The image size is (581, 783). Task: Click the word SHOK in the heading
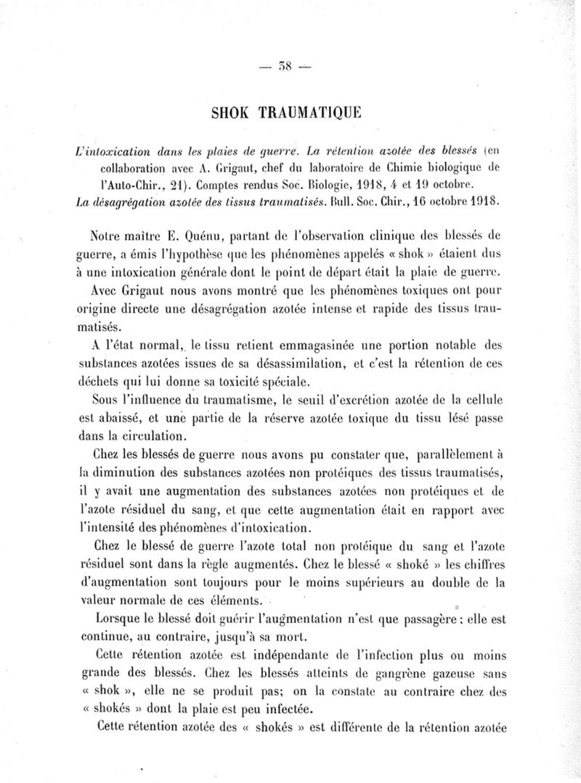pyautogui.click(x=232, y=113)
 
